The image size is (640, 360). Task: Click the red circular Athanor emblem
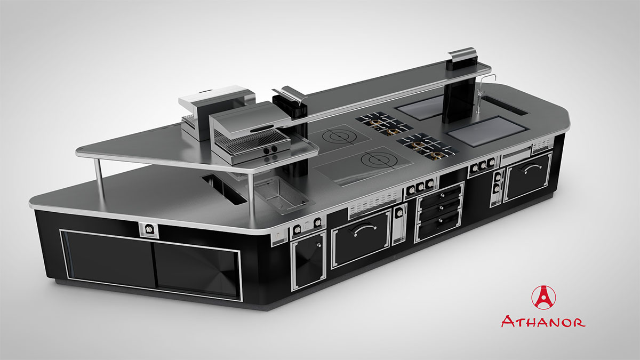coord(543,298)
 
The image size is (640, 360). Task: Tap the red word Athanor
coord(543,322)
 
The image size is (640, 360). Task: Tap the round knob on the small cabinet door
coord(319,245)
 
